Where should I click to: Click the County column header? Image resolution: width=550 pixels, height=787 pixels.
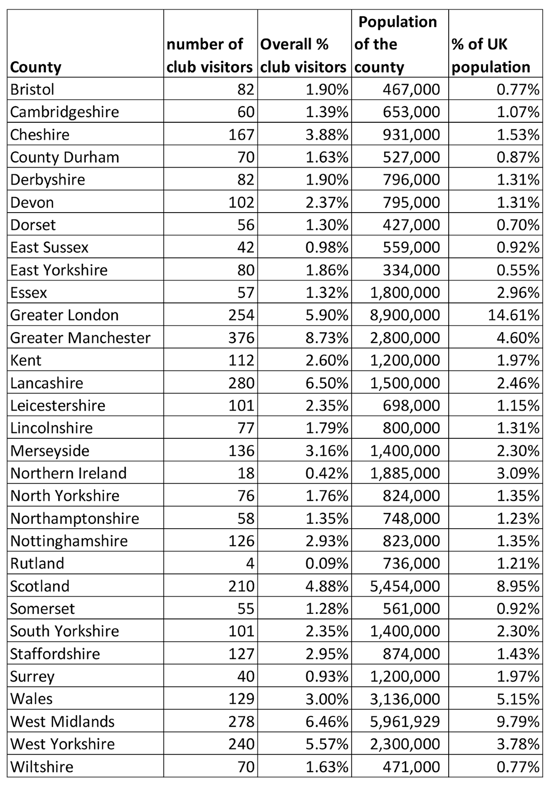pos(36,67)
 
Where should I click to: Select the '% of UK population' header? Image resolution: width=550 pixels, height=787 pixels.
pos(490,55)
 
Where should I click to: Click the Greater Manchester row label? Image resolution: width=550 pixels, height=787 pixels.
pos(80,338)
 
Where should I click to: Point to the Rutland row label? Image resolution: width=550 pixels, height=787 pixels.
pos(37,563)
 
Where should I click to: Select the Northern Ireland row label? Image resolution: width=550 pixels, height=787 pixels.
pos(68,473)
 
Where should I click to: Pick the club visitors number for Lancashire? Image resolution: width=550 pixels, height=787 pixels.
pos(241,383)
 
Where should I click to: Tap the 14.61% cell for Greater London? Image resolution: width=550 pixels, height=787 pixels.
pos(518,315)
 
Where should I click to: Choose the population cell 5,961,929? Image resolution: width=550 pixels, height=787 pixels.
pos(405,721)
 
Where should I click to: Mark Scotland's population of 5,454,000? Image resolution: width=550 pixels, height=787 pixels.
pos(405,586)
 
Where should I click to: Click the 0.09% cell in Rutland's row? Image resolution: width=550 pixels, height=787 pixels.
pos(327,563)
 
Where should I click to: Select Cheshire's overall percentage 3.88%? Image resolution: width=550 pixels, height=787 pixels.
pos(327,135)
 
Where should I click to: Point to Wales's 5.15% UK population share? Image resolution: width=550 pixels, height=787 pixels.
pos(518,699)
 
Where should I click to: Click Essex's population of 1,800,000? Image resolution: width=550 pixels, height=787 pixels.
pos(405,292)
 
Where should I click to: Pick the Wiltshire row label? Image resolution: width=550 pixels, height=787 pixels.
pos(42,766)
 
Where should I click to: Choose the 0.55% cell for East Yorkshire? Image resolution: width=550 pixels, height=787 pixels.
pos(518,270)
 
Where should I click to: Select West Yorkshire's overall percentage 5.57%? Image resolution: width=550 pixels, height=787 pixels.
pos(327,743)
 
